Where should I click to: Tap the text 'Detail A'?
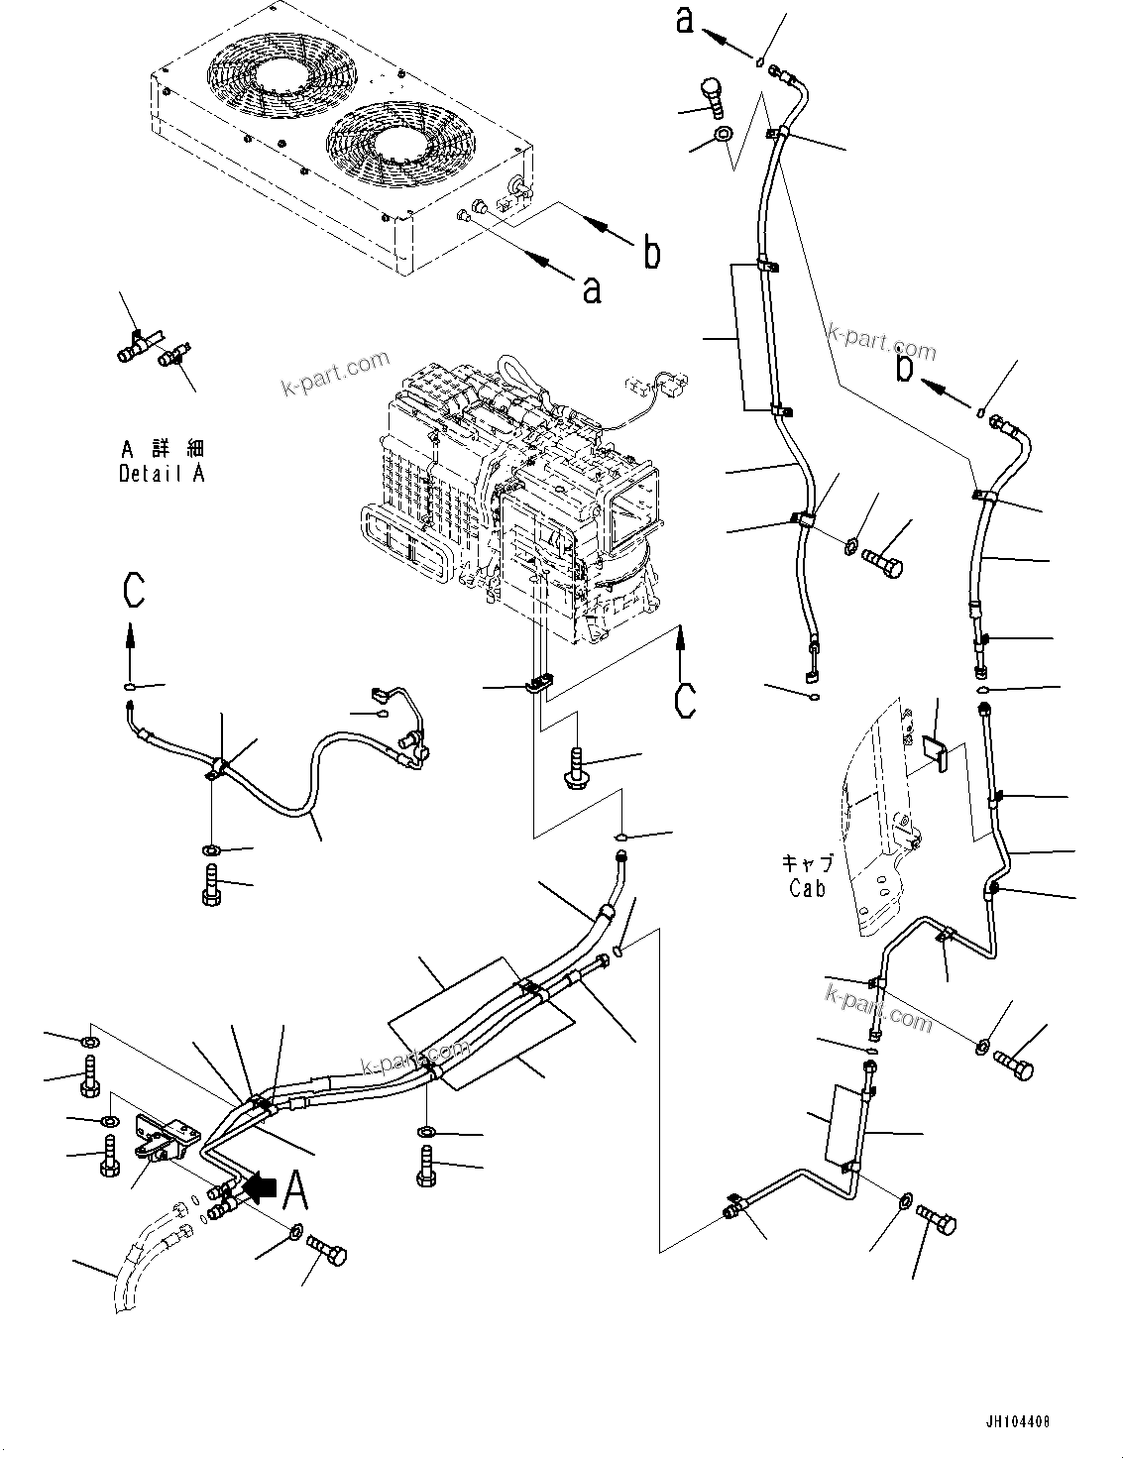click(x=162, y=474)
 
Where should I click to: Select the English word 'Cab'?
click(x=807, y=888)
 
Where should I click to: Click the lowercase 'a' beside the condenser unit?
click(x=591, y=289)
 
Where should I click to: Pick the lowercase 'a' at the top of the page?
click(x=685, y=21)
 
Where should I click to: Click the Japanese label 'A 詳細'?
click(x=162, y=448)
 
